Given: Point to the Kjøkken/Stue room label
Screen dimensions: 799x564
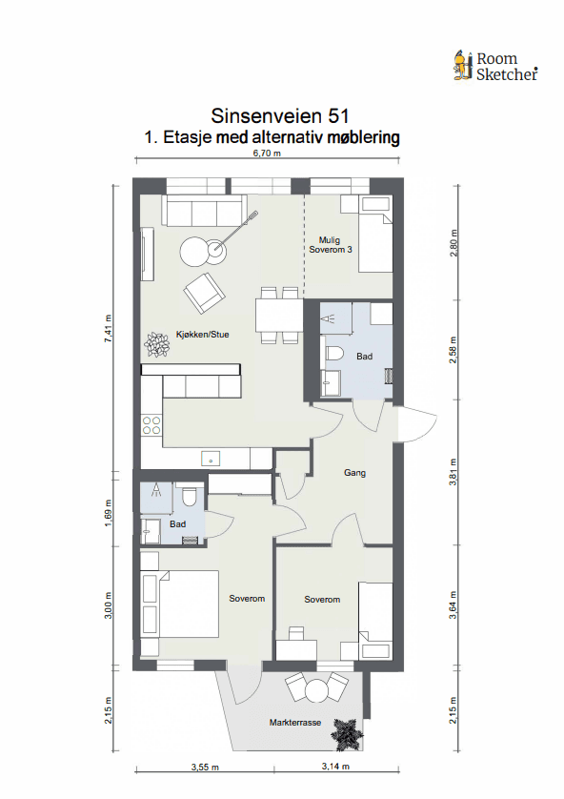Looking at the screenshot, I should coord(202,335).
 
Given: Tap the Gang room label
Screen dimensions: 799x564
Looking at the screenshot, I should coord(354,473).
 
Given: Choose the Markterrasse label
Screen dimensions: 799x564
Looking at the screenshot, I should coord(295,724).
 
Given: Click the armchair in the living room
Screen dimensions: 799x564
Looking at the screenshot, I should coord(205,292).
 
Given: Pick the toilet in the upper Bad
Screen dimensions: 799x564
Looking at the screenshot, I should coord(333,354).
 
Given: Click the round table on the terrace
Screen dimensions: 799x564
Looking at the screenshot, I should coord(314,687).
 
